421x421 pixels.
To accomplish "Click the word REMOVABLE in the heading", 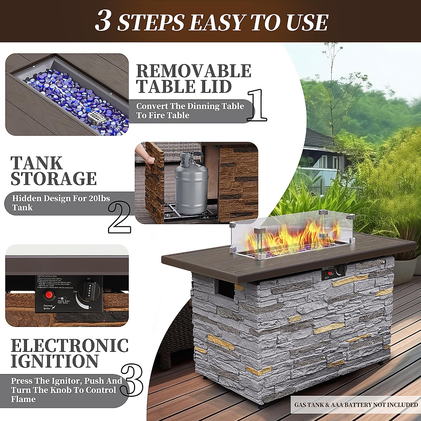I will tap(193, 71).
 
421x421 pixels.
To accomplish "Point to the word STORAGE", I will tap(54, 178).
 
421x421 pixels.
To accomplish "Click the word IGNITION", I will tap(54, 361).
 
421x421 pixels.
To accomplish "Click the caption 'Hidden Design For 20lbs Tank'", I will tap(61, 203).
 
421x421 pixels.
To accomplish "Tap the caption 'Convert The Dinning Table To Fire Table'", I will tap(189, 111).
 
